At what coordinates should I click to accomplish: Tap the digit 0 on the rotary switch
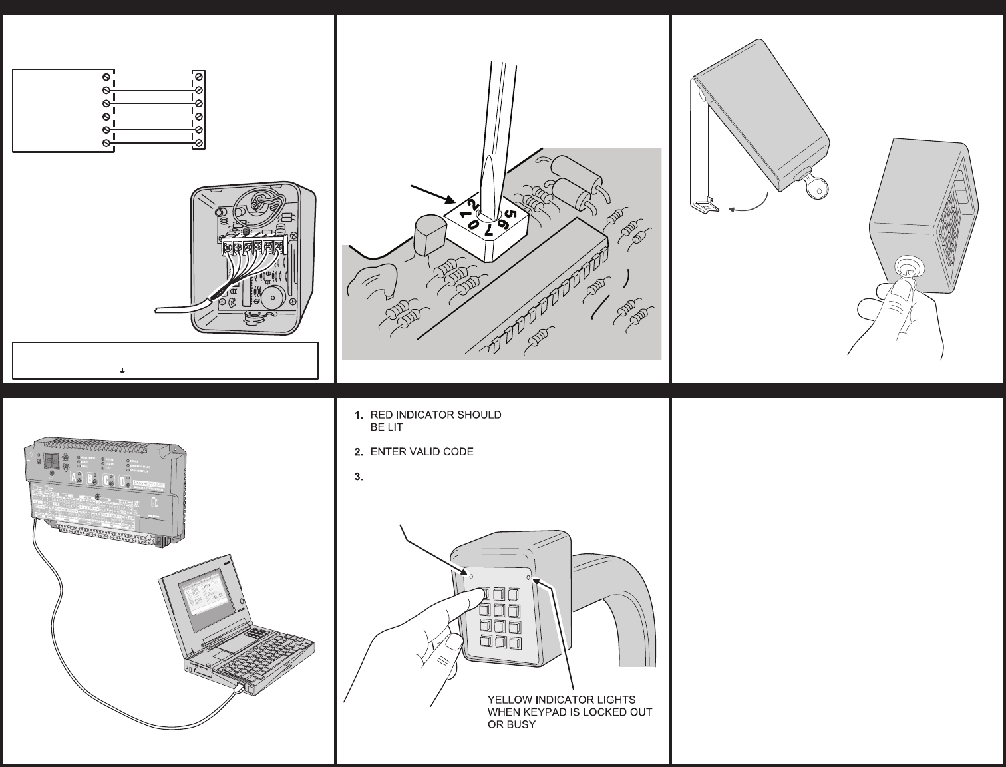[473, 225]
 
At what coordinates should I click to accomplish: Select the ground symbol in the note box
[123, 370]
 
